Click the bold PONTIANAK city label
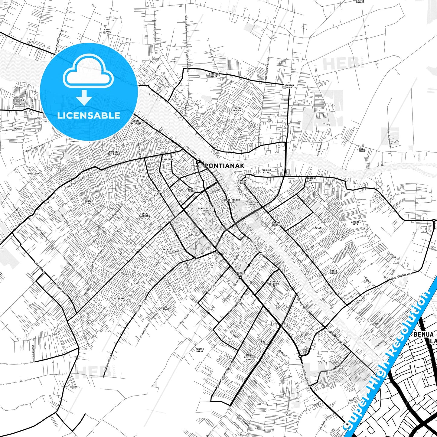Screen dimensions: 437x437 click(224, 166)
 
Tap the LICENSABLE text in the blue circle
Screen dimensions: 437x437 click(89, 116)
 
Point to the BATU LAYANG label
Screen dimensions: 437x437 click(107, 30)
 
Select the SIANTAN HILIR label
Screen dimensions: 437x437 click(213, 75)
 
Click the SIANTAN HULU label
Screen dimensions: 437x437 click(289, 86)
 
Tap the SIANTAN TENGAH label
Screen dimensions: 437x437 click(236, 109)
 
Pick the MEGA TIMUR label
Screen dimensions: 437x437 click(362, 150)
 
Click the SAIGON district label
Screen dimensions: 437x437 click(317, 228)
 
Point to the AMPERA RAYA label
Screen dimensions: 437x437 click(355, 223)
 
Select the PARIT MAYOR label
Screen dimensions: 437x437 click(333, 272)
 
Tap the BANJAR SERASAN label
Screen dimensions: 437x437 click(276, 224)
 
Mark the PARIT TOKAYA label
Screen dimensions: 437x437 click(165, 308)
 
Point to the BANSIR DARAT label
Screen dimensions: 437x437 click(200, 350)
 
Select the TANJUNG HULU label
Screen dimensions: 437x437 click(311, 178)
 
